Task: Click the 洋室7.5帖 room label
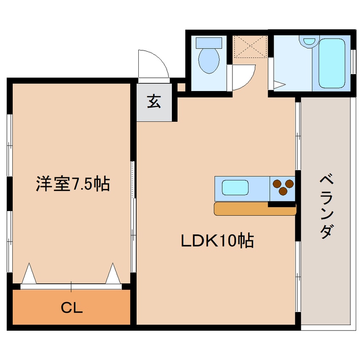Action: (x=72, y=184)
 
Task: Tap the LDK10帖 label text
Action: (x=217, y=241)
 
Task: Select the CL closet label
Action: (x=71, y=308)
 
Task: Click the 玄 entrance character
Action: (x=154, y=102)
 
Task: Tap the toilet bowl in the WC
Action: (x=209, y=60)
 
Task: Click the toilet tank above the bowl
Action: (x=209, y=43)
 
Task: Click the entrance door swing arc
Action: (x=153, y=64)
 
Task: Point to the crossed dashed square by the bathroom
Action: (x=250, y=46)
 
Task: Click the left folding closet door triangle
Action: (x=28, y=274)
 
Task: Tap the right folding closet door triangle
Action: (x=113, y=274)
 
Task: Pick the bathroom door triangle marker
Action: (x=278, y=85)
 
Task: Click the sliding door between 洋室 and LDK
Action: (x=133, y=217)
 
